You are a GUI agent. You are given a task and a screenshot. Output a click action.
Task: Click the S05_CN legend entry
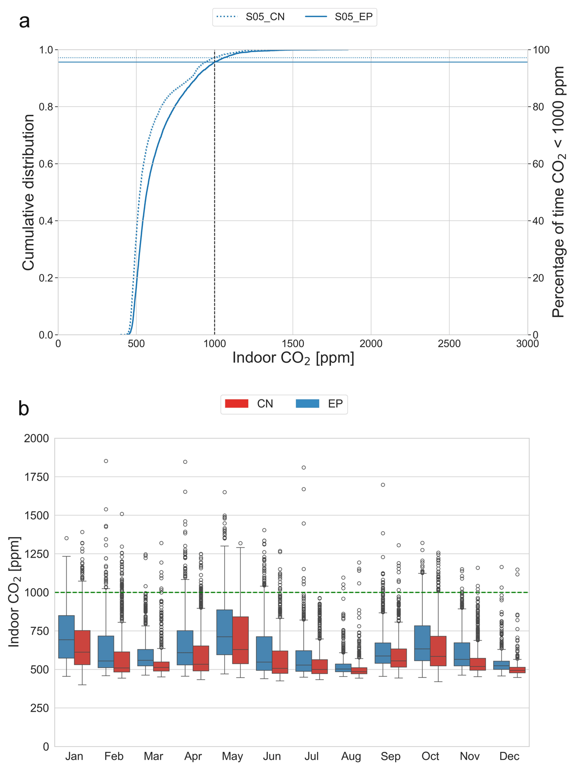[x=265, y=17]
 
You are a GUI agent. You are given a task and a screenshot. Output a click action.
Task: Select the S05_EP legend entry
[x=353, y=17]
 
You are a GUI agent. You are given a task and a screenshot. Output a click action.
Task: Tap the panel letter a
[x=24, y=22]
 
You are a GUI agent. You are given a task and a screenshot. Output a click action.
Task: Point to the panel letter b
[x=24, y=409]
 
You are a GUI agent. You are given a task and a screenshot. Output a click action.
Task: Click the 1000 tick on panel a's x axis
[x=214, y=343]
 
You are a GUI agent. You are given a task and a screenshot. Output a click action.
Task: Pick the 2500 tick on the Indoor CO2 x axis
[x=449, y=343]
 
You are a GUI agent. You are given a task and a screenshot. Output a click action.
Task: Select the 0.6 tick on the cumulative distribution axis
[x=46, y=164]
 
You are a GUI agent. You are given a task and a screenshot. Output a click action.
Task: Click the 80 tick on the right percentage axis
[x=539, y=107]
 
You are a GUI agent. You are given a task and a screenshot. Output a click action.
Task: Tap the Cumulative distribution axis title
[x=29, y=192]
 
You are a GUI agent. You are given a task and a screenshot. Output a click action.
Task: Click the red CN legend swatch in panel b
[x=237, y=404]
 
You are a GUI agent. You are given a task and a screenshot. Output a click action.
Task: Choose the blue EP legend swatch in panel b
[x=308, y=404]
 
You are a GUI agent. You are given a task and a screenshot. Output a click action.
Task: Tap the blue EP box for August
[x=343, y=668]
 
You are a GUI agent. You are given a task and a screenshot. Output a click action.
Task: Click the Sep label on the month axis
[x=390, y=756]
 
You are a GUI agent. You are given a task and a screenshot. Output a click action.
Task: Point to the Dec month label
[x=509, y=756]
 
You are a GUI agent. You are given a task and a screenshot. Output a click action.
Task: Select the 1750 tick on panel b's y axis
[x=36, y=477]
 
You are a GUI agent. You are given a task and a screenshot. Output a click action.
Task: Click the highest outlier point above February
[x=106, y=461]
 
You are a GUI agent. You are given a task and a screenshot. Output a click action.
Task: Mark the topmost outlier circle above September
[x=383, y=485]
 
